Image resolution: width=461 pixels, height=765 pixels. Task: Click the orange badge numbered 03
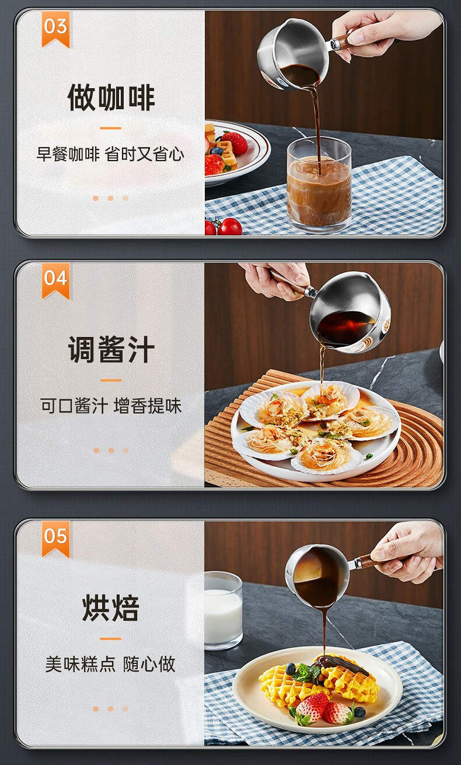[x=55, y=29]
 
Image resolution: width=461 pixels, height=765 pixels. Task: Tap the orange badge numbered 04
[x=55, y=280]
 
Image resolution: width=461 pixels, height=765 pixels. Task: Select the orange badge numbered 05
[x=55, y=538]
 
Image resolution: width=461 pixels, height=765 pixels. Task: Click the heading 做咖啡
[x=111, y=98]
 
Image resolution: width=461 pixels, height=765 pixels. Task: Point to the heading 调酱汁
[x=111, y=349]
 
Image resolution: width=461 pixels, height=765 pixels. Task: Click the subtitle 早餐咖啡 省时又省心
[x=110, y=154]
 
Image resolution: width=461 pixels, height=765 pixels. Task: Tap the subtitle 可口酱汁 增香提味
[x=111, y=406]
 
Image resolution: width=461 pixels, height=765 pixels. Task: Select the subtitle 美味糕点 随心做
[x=110, y=664]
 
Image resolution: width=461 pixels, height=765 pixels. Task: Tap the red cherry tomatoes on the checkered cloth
[x=224, y=227]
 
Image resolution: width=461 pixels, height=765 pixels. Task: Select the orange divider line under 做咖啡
[x=110, y=128]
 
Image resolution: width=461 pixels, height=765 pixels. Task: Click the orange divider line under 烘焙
[x=110, y=638]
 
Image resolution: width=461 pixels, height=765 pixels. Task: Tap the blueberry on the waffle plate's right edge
[x=359, y=712]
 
